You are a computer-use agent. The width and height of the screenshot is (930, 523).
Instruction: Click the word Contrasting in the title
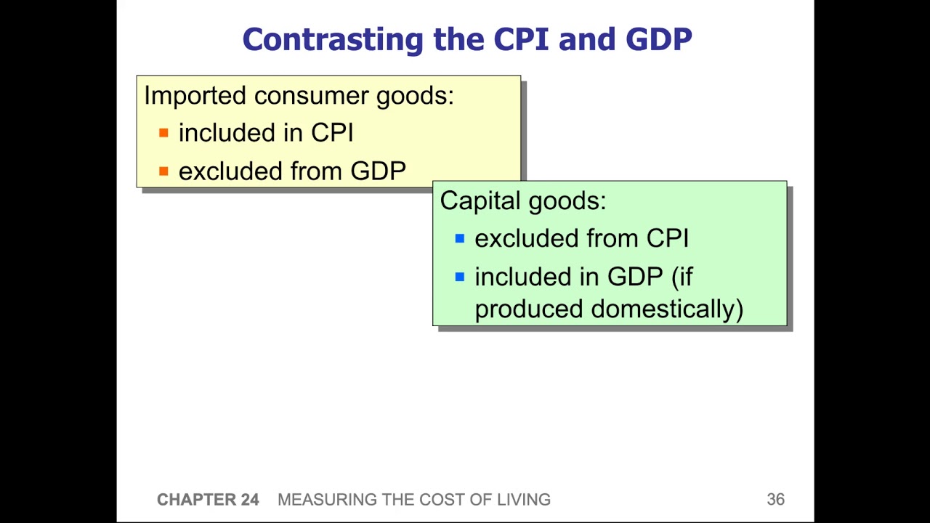click(333, 39)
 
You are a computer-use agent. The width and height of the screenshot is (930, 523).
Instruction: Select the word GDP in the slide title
click(658, 39)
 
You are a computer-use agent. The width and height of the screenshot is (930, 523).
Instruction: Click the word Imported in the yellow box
click(195, 96)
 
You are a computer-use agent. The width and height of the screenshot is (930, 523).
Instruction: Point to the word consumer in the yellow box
click(311, 96)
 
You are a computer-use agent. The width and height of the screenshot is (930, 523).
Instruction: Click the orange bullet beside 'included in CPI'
click(163, 133)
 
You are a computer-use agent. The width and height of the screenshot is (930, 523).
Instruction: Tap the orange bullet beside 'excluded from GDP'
click(163, 171)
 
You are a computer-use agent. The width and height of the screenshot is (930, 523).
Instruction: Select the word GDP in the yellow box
click(378, 171)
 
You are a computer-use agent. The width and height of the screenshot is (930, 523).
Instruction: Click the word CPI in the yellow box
click(332, 133)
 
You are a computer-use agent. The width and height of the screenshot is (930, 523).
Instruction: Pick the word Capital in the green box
click(479, 201)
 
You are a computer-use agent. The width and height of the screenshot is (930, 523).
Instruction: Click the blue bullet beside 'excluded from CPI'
click(459, 238)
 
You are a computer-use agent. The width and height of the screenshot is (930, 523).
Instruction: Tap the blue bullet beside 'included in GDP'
click(459, 277)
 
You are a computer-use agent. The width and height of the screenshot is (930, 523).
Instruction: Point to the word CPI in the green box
click(667, 238)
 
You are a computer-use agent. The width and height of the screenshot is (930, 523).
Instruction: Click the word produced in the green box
click(529, 309)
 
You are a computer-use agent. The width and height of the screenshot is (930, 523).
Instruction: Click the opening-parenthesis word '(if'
click(682, 277)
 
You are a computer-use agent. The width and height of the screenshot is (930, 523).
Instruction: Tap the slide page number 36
click(775, 500)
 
